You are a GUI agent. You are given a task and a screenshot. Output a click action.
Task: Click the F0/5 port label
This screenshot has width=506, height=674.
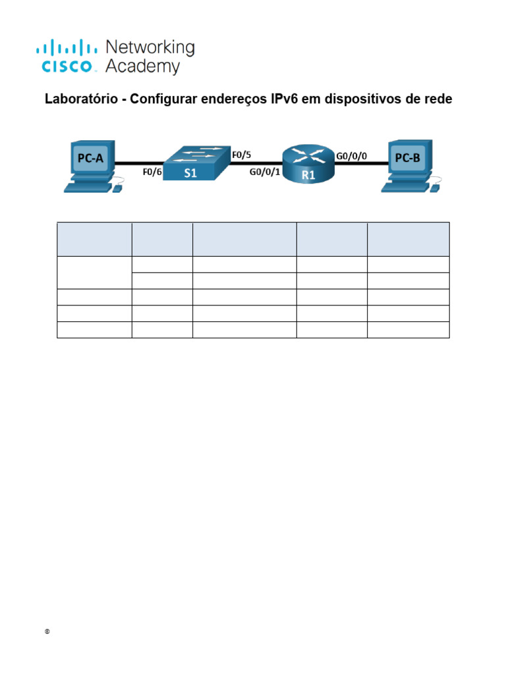pyautogui.click(x=242, y=155)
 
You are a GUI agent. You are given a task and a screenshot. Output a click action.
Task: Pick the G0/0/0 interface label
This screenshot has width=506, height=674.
pyautogui.click(x=352, y=156)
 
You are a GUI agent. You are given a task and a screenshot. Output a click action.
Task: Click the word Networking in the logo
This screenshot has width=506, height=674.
pyautogui.click(x=150, y=48)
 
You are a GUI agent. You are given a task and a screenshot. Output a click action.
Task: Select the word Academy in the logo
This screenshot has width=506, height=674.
pyautogui.click(x=143, y=66)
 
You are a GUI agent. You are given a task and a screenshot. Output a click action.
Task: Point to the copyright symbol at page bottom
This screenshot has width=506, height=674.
pyautogui.click(x=47, y=632)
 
